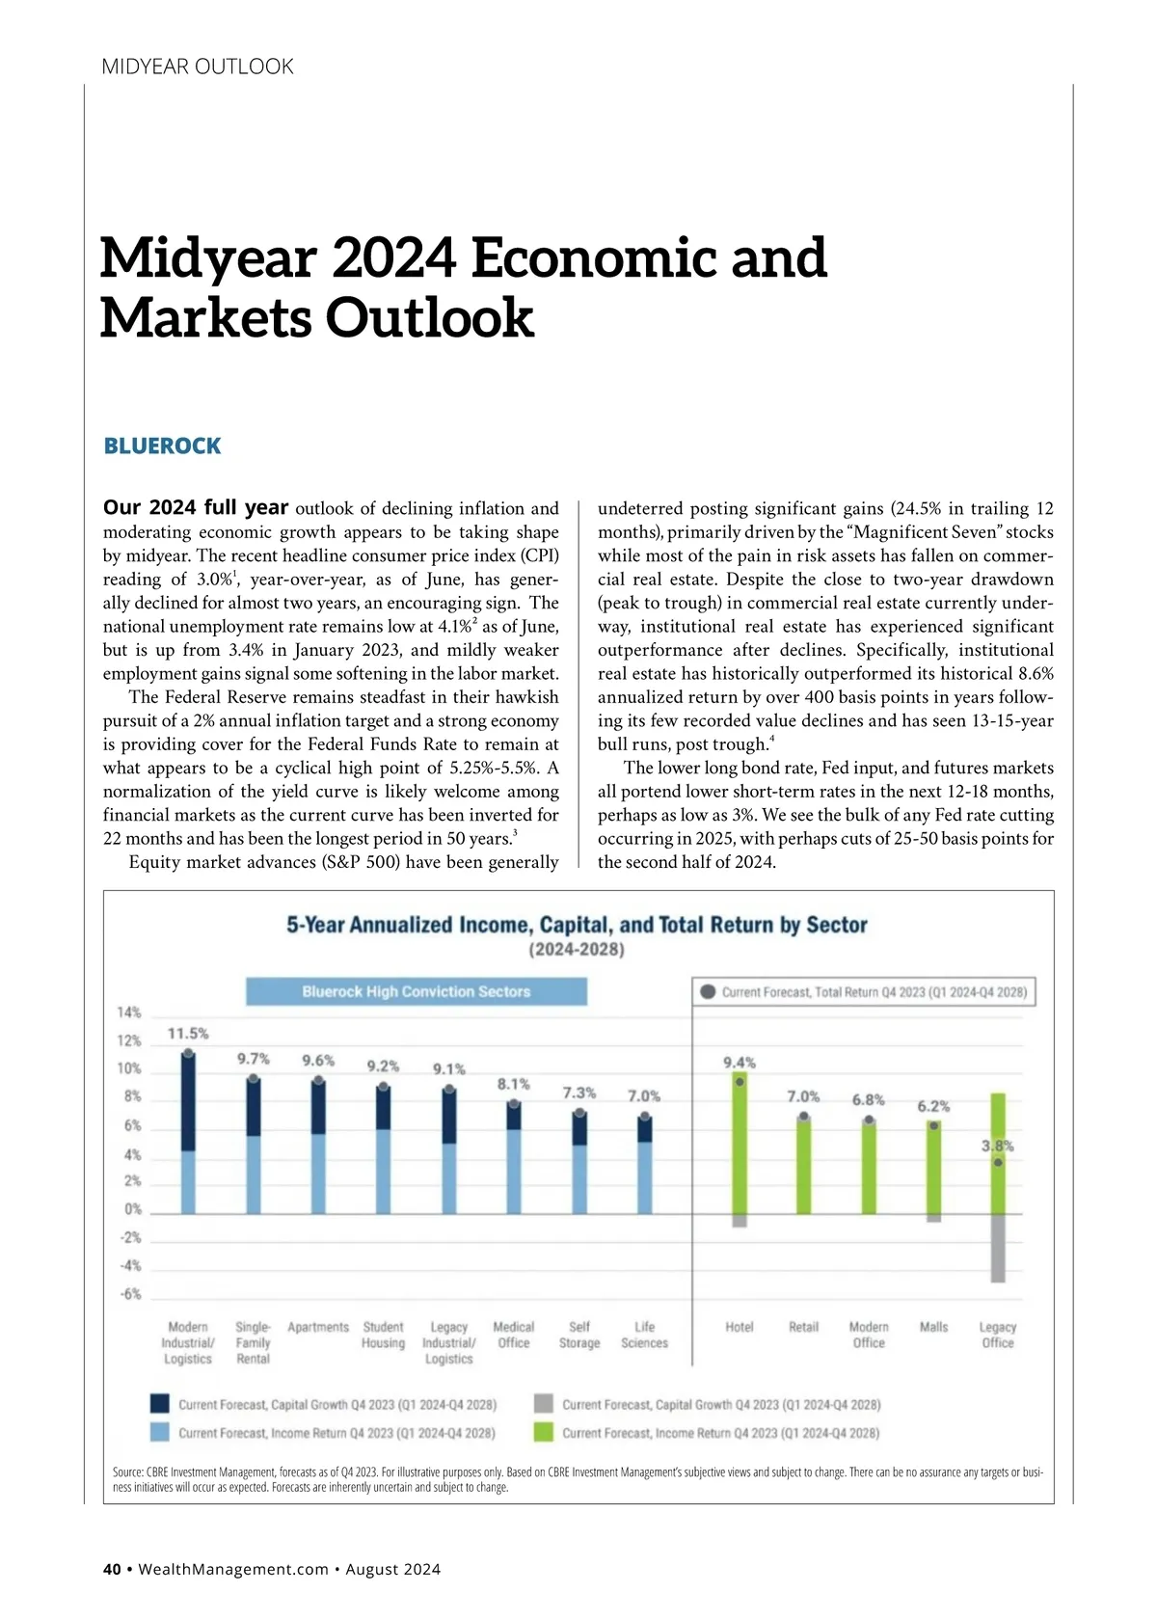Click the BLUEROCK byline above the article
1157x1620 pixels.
[x=162, y=445]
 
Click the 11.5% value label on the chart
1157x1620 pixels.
[x=188, y=1034]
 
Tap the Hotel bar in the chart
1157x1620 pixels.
[x=740, y=1143]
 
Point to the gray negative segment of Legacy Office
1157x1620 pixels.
[x=998, y=1248]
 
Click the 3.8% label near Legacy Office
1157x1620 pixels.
[x=998, y=1146]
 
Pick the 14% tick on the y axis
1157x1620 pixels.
[x=129, y=1012]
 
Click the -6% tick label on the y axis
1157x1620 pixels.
[x=130, y=1294]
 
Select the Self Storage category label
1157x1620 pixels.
[x=579, y=1335]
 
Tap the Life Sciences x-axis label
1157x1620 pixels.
[x=644, y=1335]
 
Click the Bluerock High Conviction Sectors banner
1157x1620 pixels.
[x=417, y=991]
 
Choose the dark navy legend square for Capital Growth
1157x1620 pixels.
[x=160, y=1404]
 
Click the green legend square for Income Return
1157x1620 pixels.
[x=544, y=1433]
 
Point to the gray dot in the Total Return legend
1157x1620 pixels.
[x=709, y=991]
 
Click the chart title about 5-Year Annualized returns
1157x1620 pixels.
[x=577, y=925]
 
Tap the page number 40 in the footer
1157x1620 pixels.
[x=112, y=1569]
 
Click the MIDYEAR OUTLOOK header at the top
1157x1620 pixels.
[x=198, y=67]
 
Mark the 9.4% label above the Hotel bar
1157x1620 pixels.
[x=740, y=1063]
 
